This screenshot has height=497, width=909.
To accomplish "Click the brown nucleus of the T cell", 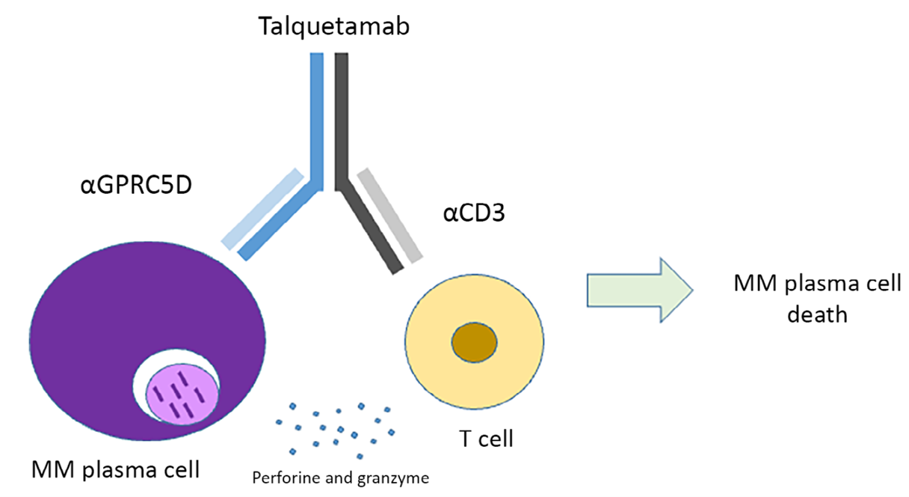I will (x=474, y=343).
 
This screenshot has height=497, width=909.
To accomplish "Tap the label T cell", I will (x=486, y=439).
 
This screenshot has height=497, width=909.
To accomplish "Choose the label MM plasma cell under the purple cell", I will (x=116, y=471).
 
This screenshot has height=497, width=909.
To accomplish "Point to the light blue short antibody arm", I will (x=262, y=208).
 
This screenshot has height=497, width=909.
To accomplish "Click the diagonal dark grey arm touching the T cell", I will (x=368, y=225).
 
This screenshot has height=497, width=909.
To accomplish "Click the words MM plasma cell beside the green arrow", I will (x=817, y=284).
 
